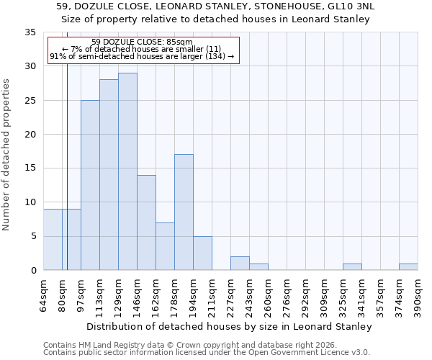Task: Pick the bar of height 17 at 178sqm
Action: [x=184, y=212]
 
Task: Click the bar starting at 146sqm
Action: [x=146, y=222]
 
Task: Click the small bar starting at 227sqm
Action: [x=240, y=264]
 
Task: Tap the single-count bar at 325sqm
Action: [x=352, y=267]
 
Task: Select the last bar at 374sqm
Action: [x=408, y=267]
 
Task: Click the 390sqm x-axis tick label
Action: [x=418, y=295]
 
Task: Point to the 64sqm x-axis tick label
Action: [x=44, y=295]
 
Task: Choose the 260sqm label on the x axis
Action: [x=269, y=295]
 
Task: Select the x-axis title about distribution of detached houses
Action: [x=230, y=326]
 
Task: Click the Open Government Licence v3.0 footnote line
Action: [x=206, y=352]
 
